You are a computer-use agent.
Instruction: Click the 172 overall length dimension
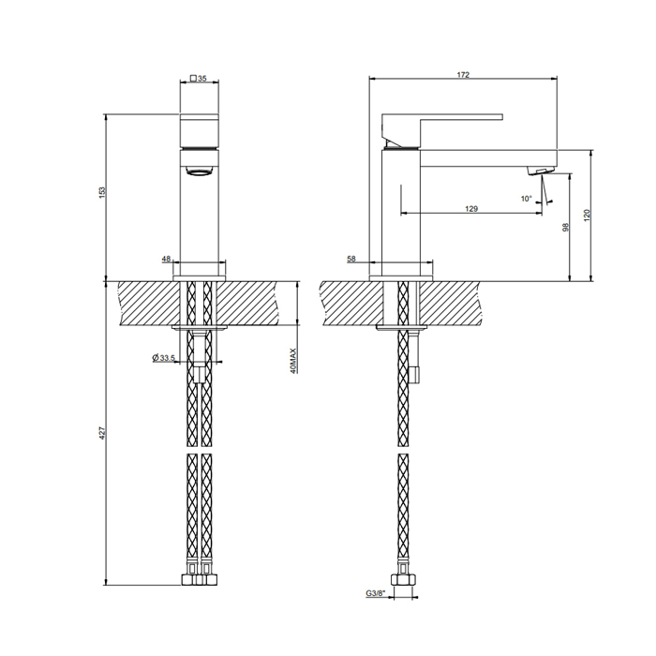(x=464, y=74)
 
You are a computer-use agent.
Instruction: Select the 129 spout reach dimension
(x=471, y=209)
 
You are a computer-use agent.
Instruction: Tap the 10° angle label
(x=526, y=199)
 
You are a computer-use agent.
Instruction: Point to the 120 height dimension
(x=587, y=215)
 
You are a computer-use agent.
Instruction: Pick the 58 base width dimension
(x=350, y=259)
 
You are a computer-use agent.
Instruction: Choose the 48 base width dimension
(x=166, y=259)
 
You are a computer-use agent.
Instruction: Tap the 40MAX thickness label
(x=292, y=361)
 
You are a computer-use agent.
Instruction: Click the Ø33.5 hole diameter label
(x=165, y=358)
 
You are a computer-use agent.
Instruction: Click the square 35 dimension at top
(x=198, y=80)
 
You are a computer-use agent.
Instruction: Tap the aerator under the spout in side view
(x=537, y=170)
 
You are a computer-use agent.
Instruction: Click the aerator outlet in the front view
(x=199, y=170)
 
